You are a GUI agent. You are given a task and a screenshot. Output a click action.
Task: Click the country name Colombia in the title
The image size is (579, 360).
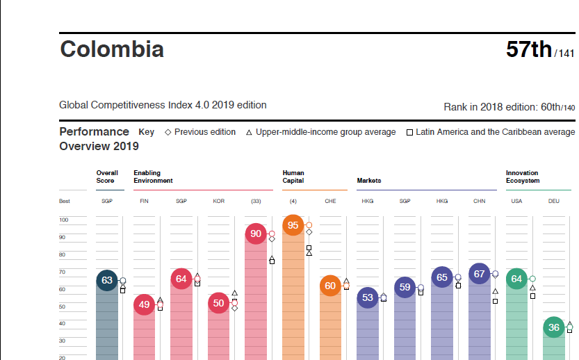click(x=112, y=49)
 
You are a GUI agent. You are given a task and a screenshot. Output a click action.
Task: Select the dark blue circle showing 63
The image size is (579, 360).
click(x=106, y=280)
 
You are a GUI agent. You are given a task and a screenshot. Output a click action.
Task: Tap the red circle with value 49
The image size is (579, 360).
click(x=144, y=304)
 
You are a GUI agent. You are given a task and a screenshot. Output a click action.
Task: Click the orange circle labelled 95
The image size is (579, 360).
click(x=293, y=225)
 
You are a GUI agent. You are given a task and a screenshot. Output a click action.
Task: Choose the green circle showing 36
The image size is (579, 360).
click(x=553, y=327)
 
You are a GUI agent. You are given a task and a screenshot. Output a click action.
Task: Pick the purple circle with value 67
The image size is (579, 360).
click(x=479, y=274)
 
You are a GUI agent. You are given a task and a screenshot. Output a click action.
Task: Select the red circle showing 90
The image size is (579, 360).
click(x=256, y=234)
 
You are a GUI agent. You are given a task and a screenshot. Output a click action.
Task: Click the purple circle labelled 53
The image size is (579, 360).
click(x=368, y=298)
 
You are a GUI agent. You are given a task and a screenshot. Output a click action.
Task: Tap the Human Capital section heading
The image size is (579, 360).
click(x=293, y=177)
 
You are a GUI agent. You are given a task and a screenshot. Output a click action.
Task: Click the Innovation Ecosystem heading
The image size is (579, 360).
click(x=522, y=177)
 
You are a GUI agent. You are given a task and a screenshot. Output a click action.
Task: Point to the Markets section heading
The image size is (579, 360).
click(x=369, y=181)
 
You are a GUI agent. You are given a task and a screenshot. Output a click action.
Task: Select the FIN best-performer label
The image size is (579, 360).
click(x=144, y=201)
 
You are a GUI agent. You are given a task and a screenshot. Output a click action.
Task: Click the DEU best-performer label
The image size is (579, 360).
click(x=553, y=201)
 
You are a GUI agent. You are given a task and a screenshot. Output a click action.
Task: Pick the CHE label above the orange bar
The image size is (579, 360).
click(x=330, y=201)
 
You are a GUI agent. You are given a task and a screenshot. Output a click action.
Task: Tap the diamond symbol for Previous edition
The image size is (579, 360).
click(x=168, y=132)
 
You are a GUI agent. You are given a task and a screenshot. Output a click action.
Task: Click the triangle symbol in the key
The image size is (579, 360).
click(x=249, y=132)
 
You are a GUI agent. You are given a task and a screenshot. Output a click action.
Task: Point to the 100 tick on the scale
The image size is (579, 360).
click(x=64, y=220)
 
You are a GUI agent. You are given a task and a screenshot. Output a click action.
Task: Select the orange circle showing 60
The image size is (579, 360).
click(x=330, y=286)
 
